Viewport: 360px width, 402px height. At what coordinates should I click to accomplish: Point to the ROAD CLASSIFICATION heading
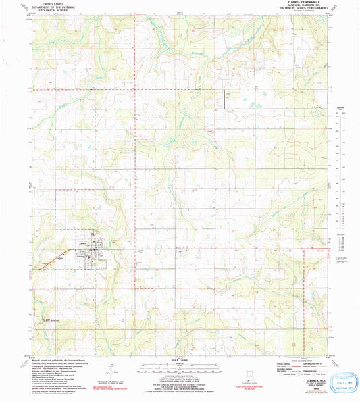pyautogui.click(x=304, y=359)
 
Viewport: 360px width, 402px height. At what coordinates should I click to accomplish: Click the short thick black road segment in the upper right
pyautogui.click(x=226, y=99)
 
